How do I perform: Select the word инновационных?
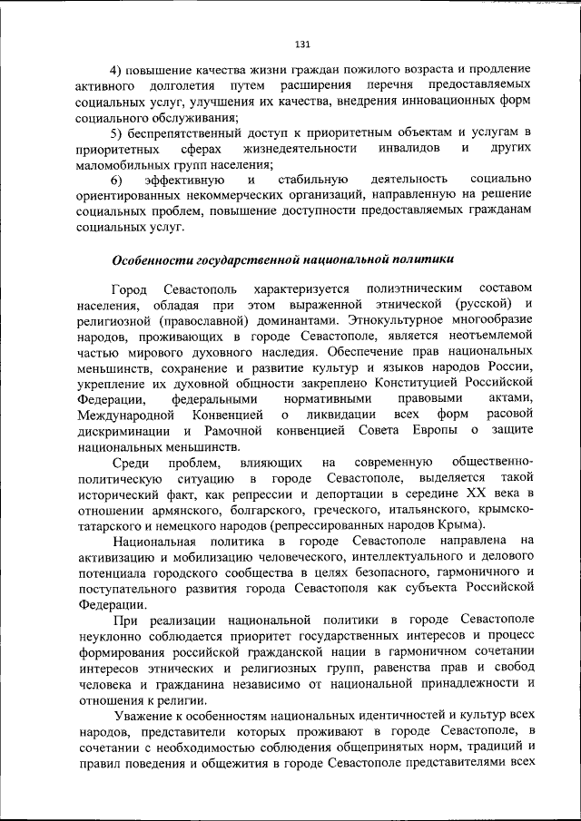(x=438, y=102)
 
